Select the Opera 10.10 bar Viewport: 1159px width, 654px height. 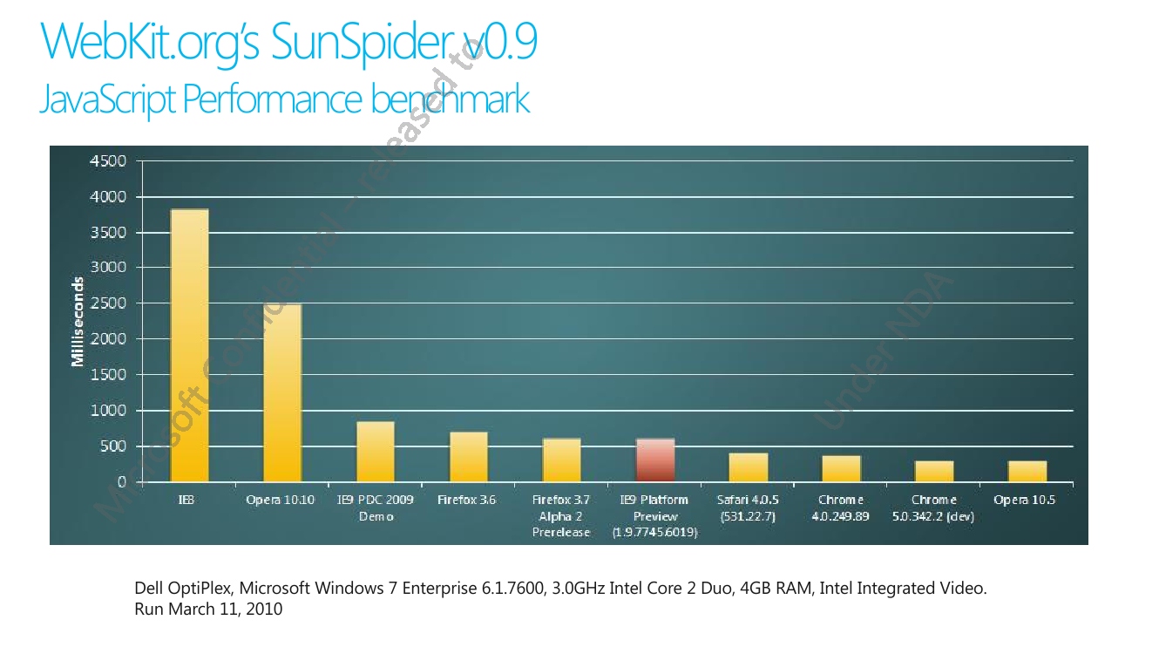(282, 392)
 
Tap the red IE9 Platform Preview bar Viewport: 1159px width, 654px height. (655, 460)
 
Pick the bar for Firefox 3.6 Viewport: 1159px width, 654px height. (469, 457)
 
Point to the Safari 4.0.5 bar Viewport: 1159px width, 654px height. (749, 467)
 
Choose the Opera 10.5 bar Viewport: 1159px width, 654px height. (1027, 471)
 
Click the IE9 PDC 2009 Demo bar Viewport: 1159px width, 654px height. (376, 452)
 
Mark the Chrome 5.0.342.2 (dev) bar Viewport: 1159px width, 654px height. (934, 471)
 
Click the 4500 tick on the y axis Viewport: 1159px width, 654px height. (108, 161)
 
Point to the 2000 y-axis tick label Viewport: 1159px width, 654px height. (108, 339)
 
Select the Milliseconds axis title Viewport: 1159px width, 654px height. (78, 322)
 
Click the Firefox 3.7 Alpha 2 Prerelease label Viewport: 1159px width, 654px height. (561, 516)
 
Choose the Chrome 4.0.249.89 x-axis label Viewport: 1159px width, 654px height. (842, 508)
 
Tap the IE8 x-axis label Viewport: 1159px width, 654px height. (186, 501)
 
